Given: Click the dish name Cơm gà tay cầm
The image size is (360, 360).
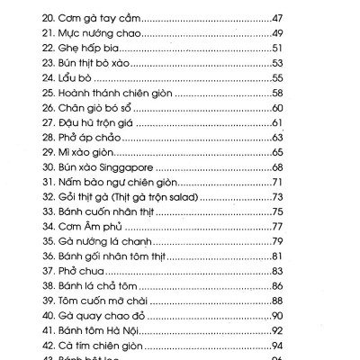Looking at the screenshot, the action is point(102,16).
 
